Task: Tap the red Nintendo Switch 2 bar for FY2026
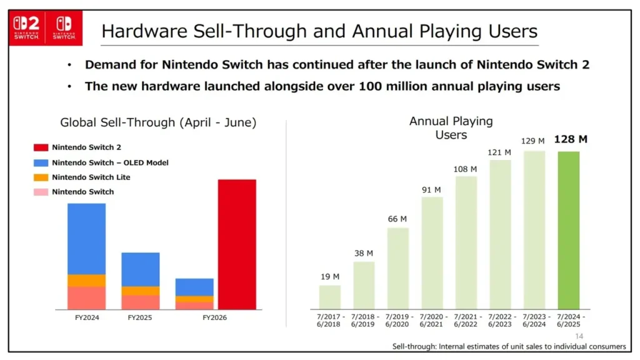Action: point(237,244)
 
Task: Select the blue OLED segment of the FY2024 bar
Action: point(86,238)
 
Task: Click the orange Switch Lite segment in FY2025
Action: point(140,291)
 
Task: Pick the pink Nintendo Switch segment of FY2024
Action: point(86,297)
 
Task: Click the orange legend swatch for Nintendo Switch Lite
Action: point(40,177)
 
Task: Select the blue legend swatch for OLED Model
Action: point(40,162)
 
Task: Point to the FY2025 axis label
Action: point(140,317)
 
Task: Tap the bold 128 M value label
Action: point(570,139)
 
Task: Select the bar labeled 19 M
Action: point(329,297)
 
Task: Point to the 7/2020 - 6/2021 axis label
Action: point(431,321)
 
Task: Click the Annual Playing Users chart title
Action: point(451,127)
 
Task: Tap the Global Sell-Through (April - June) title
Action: point(158,122)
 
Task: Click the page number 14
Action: point(579,336)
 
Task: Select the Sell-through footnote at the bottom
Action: point(509,346)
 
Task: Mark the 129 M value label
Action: point(532,141)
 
